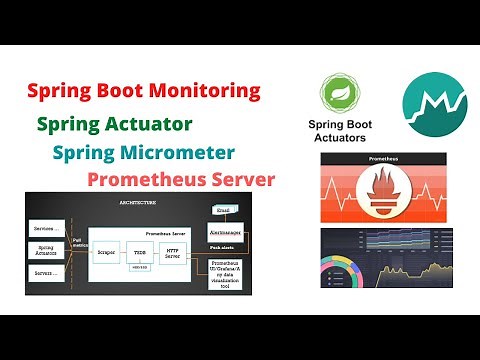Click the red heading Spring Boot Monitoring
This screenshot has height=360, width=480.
[x=143, y=92]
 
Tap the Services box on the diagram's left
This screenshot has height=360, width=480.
[x=47, y=229]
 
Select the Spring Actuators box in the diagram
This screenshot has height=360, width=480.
[x=47, y=250]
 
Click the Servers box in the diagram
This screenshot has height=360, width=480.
[x=47, y=272]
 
